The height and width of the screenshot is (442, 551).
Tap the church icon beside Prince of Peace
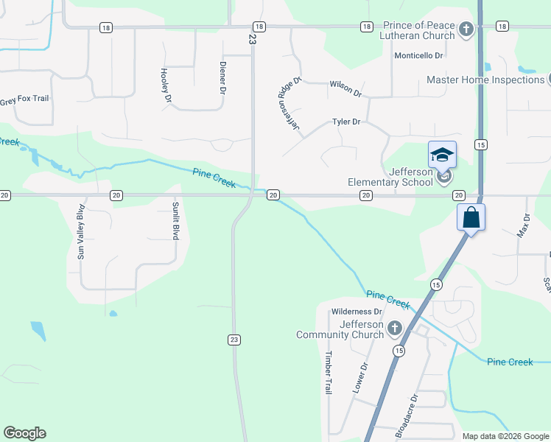(465, 29)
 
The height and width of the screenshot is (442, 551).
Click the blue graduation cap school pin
(442, 155)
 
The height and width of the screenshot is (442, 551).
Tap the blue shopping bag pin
(471, 218)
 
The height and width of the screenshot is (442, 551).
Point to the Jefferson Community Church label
(340, 329)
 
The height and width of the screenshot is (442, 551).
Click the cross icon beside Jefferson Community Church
(395, 328)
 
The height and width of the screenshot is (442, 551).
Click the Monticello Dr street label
(418, 55)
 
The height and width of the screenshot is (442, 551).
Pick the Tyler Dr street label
(346, 122)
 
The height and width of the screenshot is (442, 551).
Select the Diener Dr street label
(222, 77)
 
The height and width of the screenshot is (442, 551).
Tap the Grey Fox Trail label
(24, 98)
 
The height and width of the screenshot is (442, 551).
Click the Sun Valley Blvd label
(81, 231)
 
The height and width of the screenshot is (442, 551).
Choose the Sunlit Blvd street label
(175, 220)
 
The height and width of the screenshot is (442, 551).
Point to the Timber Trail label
(329, 373)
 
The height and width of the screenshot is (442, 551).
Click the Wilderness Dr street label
(357, 312)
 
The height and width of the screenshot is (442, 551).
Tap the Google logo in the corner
(24, 433)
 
